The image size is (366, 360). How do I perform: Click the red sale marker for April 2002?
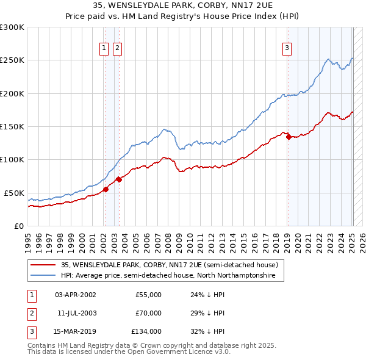(106, 189)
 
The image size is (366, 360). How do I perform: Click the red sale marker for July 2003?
(120, 179)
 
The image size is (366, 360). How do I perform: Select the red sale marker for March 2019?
(288, 137)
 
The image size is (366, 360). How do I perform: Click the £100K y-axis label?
(13, 159)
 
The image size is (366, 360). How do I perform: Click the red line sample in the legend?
(42, 265)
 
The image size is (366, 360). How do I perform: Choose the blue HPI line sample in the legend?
(42, 276)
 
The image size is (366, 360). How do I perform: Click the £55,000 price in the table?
(149, 295)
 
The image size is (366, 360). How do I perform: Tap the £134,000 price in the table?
(147, 333)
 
